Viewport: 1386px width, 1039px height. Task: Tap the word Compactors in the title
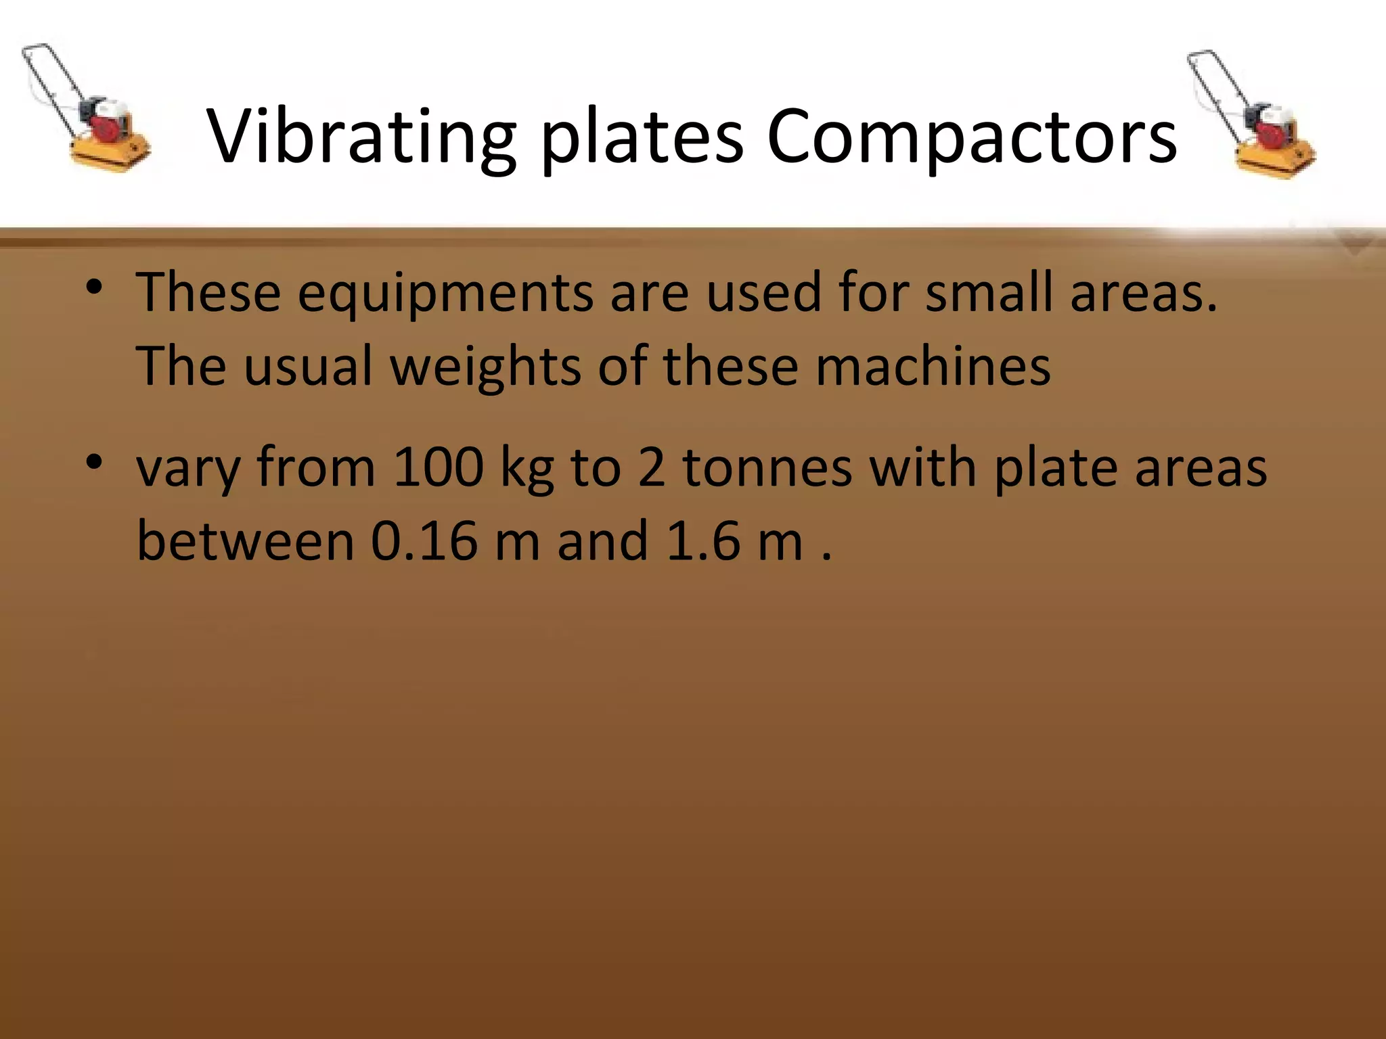pos(972,137)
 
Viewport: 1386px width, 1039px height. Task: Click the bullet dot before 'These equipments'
pos(94,288)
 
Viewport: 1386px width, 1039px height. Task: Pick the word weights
pos(485,367)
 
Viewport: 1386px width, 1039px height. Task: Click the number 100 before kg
pos(439,467)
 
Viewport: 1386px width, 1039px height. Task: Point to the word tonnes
pos(767,467)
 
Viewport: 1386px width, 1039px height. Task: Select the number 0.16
pos(424,541)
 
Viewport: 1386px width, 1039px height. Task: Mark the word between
pos(246,541)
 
